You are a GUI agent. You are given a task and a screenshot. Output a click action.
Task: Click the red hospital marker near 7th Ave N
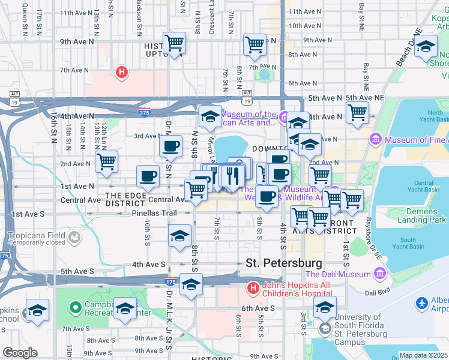coord(122,73)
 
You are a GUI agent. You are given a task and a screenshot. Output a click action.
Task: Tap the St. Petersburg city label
coord(284,263)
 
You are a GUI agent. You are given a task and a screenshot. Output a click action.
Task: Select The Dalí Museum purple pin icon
coord(379,274)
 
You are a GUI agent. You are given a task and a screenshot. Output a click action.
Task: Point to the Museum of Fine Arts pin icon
coord(376,140)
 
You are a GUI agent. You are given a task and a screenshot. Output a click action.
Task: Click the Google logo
coord(20,353)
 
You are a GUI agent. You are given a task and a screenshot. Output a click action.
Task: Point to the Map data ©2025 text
coord(424,355)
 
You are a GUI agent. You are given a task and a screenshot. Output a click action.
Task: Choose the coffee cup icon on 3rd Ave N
coord(170,145)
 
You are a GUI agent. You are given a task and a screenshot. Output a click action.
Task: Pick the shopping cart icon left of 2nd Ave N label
coord(106,161)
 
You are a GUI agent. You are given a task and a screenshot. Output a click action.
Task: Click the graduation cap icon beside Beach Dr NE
coord(426,47)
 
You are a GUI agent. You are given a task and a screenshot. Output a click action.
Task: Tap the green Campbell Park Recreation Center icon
coord(75,308)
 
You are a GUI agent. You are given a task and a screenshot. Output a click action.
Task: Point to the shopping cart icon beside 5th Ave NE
coord(357,112)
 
